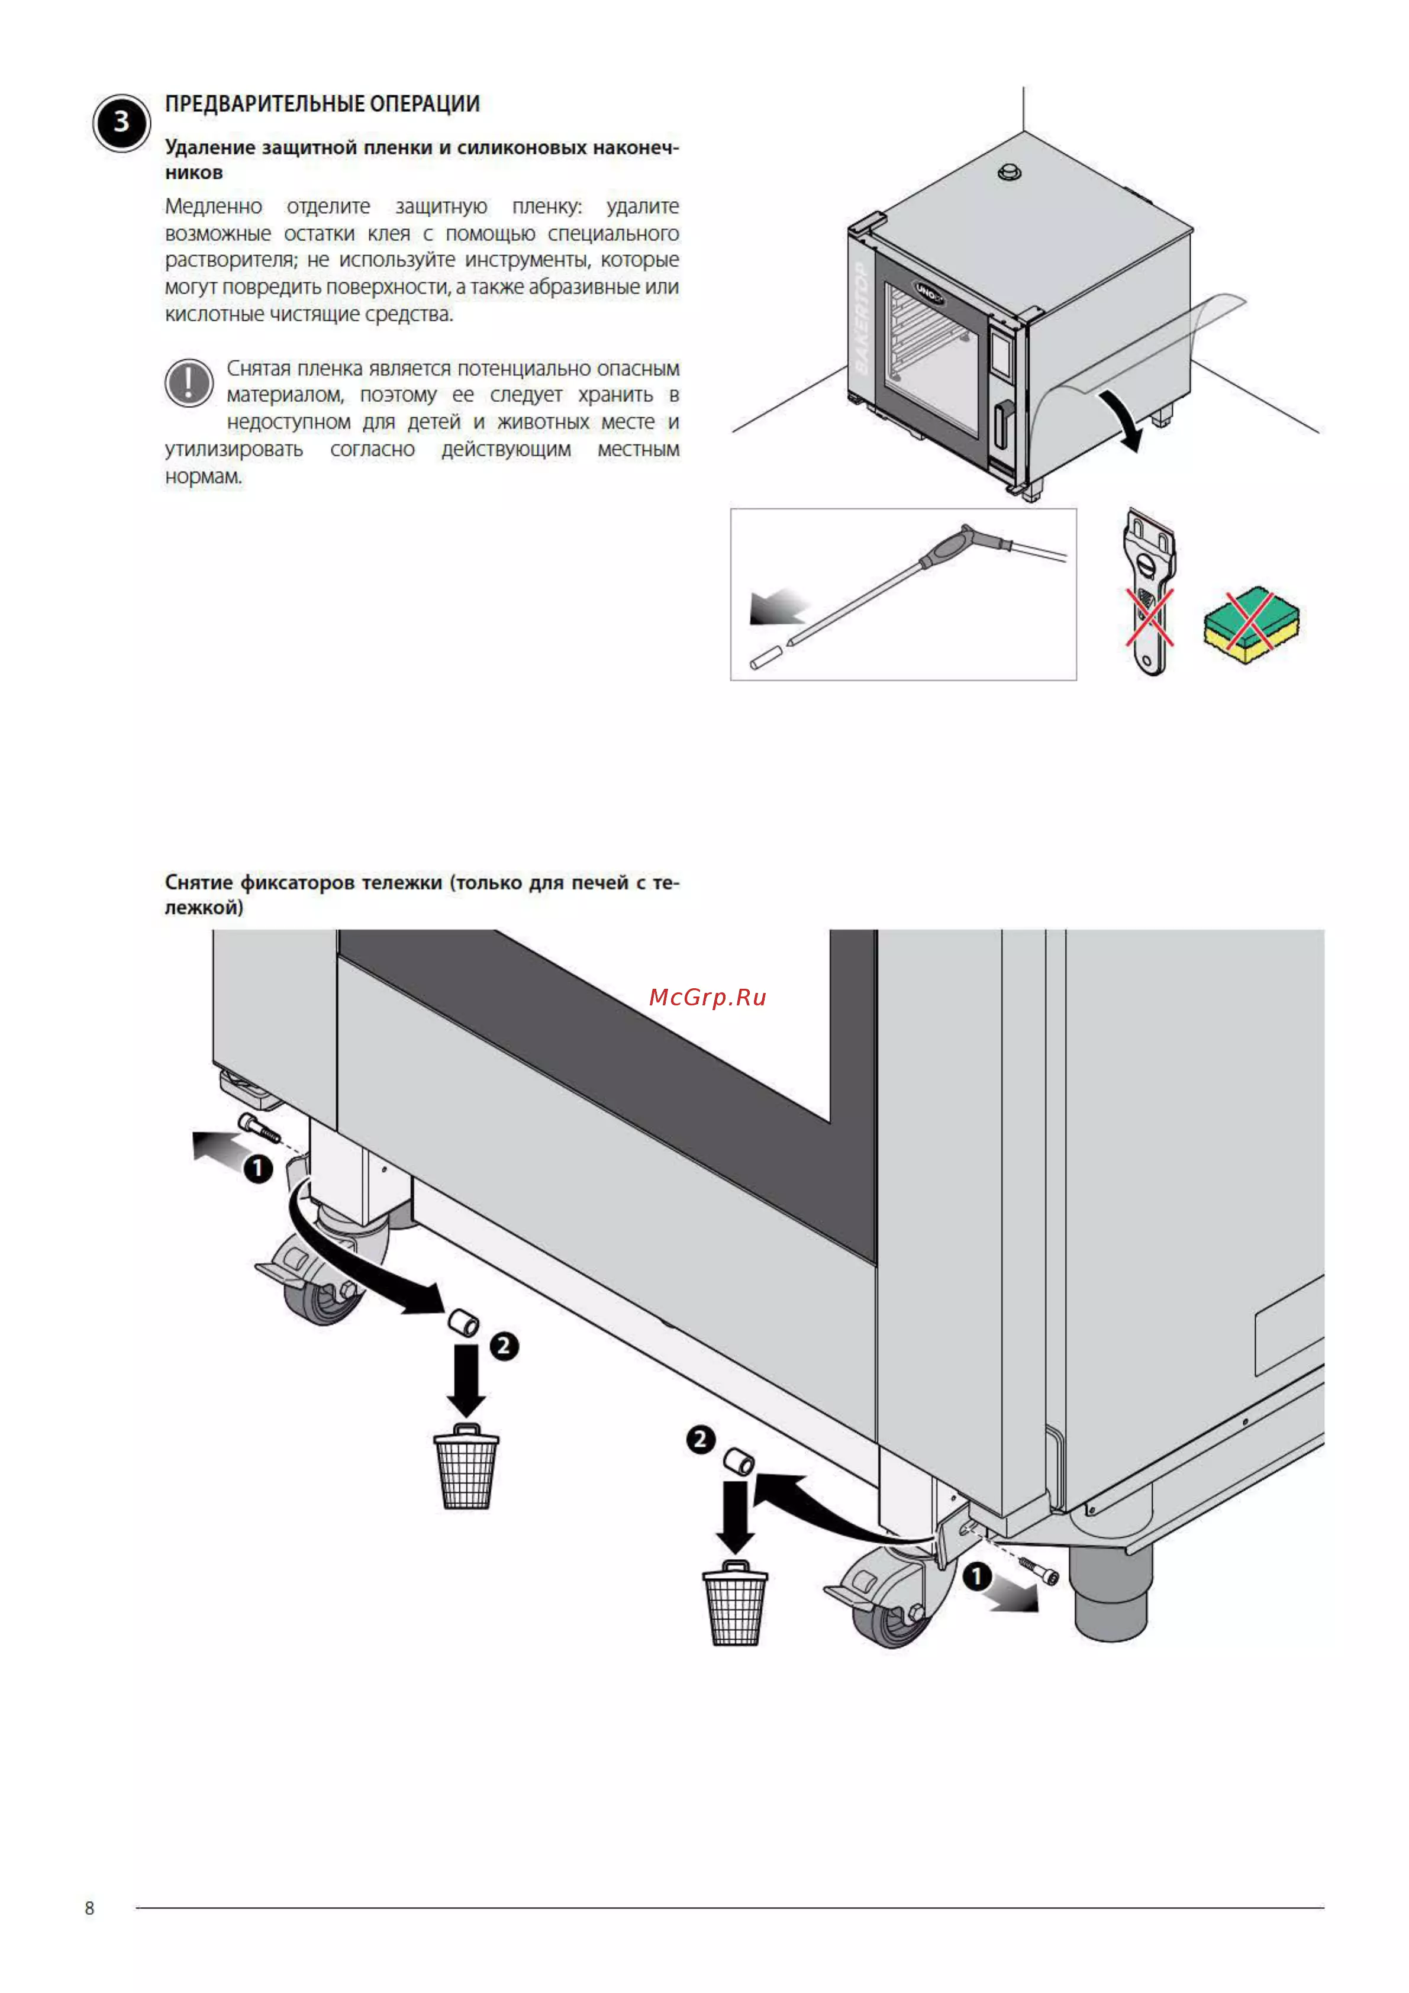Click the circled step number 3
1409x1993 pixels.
pos(121,122)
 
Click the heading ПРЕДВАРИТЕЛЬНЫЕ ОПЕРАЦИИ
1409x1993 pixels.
pos(322,104)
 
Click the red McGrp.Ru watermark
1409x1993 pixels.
pos(708,996)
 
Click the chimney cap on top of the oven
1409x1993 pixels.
pos(1009,171)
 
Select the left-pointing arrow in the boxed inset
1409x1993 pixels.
pos(778,606)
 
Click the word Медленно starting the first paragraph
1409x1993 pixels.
pos(214,207)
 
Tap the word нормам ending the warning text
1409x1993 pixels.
pos(203,476)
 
